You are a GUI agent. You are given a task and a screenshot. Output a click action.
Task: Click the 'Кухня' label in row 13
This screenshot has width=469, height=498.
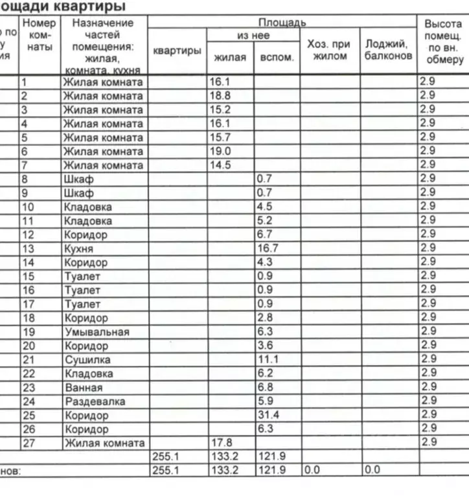pyautogui.click(x=78, y=249)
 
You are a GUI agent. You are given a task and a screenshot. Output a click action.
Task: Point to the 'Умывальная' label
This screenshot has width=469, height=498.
pyautogui.click(x=97, y=332)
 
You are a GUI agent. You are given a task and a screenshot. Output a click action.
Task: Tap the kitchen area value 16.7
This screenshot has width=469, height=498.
pyautogui.click(x=266, y=249)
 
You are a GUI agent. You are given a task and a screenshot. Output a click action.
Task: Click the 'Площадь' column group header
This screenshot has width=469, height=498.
pyautogui.click(x=282, y=23)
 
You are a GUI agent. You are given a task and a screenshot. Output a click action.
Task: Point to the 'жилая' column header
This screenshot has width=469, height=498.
pyautogui.click(x=230, y=57)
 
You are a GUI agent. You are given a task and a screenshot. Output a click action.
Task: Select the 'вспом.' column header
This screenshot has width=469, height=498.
pyautogui.click(x=277, y=57)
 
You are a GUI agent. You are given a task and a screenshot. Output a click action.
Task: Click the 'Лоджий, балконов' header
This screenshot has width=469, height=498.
pyautogui.click(x=387, y=50)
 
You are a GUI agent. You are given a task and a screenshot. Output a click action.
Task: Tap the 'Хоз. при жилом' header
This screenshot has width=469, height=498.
pyautogui.click(x=329, y=50)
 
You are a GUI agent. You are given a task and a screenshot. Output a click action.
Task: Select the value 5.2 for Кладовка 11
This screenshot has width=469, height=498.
pyautogui.click(x=264, y=221)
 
